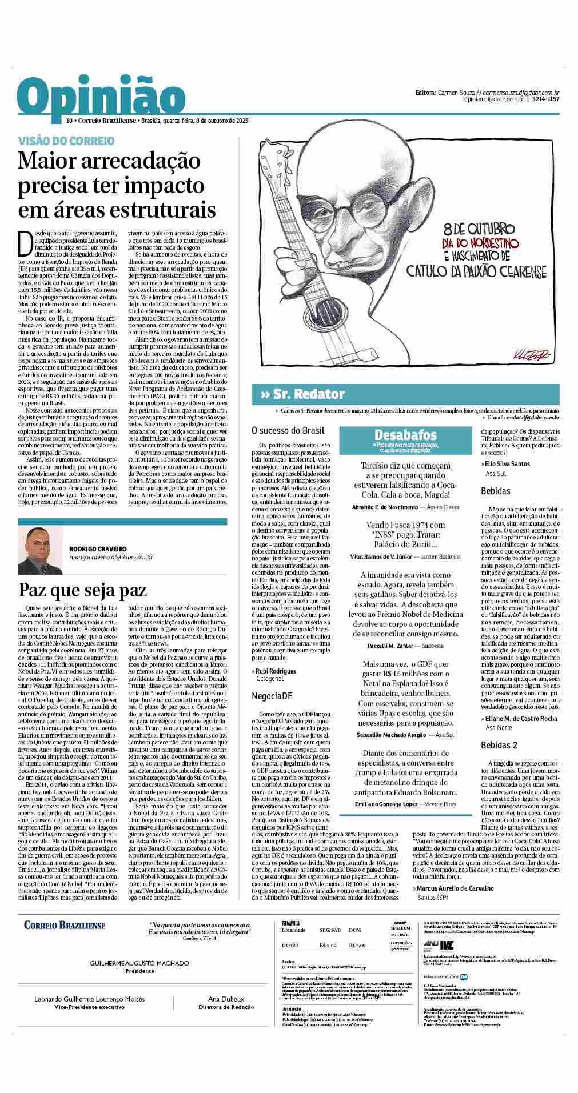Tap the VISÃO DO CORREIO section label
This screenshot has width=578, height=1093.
[x=66, y=141]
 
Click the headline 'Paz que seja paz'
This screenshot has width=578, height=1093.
[x=83, y=589]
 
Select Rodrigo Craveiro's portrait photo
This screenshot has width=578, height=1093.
[x=41, y=550]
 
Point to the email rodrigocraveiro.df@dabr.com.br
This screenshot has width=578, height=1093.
[x=111, y=556]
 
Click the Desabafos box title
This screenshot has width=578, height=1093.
[x=405, y=435]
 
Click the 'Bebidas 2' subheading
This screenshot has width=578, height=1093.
[x=499, y=745]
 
